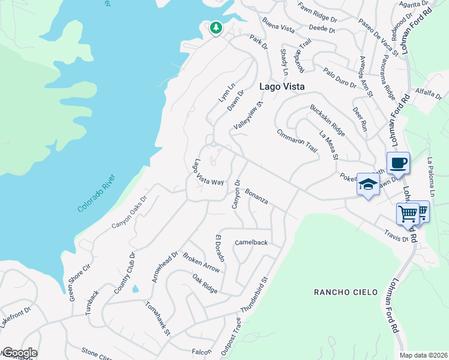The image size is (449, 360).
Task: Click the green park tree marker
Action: tap(215, 28)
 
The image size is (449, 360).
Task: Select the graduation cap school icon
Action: tap(367, 184)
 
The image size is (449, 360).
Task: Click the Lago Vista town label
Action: tap(282, 86)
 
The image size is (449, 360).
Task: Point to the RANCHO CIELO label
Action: tap(346, 292)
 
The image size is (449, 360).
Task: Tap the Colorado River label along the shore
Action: tap(99, 193)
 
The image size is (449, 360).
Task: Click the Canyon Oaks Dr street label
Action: tap(129, 213)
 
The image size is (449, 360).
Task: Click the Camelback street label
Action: tap(250, 243)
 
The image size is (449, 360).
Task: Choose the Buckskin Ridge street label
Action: tap(327, 120)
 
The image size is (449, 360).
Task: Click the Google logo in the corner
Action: tap(19, 353)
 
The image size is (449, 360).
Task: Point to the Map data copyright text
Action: tap(423, 355)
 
